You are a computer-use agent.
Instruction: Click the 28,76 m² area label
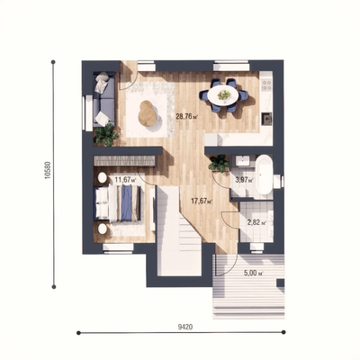(x=188, y=116)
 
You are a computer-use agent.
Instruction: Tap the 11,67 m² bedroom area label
(x=125, y=180)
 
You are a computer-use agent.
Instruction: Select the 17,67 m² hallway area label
(x=202, y=201)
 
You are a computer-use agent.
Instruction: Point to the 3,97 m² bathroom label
(x=244, y=180)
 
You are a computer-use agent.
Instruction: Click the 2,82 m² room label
(x=256, y=222)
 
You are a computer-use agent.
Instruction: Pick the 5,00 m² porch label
(x=254, y=274)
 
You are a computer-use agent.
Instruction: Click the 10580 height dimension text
(x=48, y=171)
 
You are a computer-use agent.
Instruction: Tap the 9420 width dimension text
(x=185, y=327)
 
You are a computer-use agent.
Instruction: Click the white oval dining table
(x=223, y=94)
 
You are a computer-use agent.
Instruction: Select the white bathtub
(x=264, y=175)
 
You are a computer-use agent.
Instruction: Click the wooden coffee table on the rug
(x=148, y=114)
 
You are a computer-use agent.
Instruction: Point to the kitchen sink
(x=266, y=118)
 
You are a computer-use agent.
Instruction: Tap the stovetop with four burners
(x=266, y=85)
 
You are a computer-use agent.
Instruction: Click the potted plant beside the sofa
(x=105, y=135)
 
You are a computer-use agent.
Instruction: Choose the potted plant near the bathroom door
(x=220, y=164)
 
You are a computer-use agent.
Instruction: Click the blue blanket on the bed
(x=126, y=203)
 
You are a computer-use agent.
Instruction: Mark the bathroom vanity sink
(x=242, y=161)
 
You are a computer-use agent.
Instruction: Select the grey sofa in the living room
(x=103, y=99)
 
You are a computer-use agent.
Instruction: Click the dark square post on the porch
(x=281, y=283)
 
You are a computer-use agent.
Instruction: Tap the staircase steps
(x=179, y=231)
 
